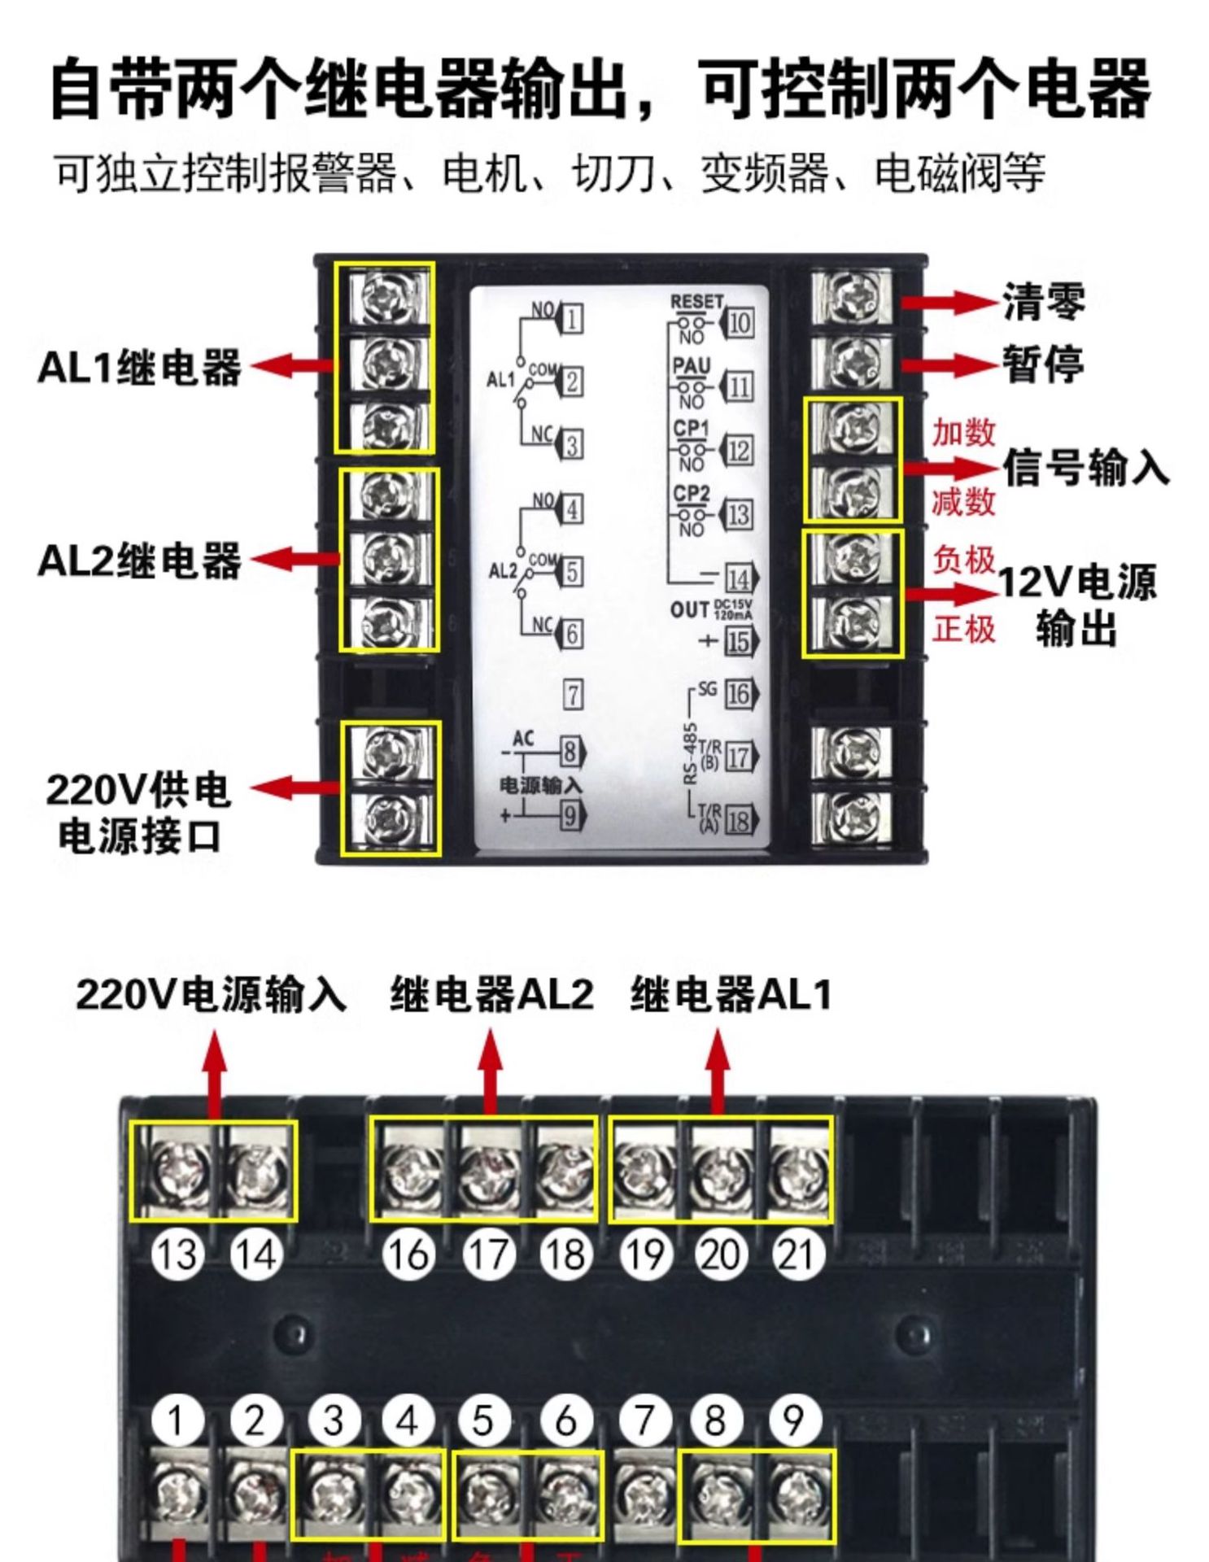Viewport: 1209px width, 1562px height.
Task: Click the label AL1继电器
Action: point(139,367)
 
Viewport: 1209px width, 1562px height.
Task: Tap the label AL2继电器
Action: point(139,561)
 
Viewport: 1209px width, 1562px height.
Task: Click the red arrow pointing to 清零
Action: point(951,302)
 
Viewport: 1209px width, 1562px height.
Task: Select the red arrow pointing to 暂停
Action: point(951,364)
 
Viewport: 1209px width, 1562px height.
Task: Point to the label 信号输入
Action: point(1085,468)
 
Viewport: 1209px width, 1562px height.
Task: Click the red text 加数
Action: point(963,432)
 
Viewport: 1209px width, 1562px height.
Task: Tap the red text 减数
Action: point(963,501)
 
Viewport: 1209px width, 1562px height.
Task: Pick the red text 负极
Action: point(963,560)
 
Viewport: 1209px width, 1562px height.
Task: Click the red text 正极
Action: point(963,629)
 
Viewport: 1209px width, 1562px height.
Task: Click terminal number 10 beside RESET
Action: point(738,323)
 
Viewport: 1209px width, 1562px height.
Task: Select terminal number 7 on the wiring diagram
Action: point(573,695)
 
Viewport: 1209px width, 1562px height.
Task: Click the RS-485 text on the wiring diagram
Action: point(690,753)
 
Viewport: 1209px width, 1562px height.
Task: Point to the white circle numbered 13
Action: point(177,1254)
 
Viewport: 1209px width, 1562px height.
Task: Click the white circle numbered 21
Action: point(797,1254)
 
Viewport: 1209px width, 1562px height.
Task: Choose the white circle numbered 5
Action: point(483,1420)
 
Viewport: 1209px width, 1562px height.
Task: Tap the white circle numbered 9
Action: point(793,1420)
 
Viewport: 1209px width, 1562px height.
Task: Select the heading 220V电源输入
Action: point(211,994)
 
